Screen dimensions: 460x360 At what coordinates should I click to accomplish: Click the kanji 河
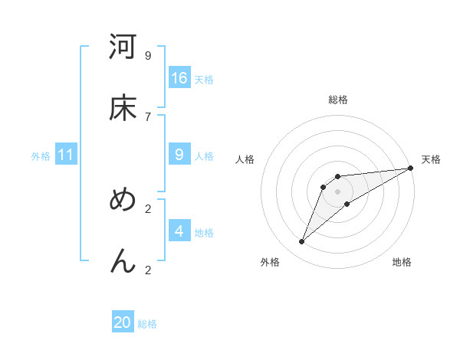123,48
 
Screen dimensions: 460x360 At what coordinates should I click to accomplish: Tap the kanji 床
123,109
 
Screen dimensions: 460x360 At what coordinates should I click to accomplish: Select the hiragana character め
123,201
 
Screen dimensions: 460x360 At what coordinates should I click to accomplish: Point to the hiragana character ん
123,261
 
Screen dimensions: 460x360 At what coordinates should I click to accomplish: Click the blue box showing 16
179,78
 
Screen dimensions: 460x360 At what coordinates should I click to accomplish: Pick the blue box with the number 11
65,155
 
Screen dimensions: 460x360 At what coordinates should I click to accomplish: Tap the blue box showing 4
179,231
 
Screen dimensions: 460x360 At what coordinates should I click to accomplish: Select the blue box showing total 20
123,322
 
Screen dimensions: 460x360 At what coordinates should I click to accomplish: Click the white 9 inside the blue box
179,155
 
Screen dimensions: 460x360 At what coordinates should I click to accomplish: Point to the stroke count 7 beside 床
148,116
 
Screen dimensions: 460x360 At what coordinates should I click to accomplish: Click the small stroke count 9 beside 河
148,56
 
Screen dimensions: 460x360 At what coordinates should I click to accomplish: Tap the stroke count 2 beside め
148,208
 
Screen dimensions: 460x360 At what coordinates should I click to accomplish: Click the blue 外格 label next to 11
41,156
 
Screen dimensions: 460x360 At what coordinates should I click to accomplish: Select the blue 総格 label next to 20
147,324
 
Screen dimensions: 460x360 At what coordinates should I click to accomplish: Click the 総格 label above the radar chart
338,100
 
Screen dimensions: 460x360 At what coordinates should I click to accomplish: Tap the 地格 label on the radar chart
402,263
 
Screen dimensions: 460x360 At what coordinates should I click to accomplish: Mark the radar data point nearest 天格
410,169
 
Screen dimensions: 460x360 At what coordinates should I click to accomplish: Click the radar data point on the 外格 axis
302,242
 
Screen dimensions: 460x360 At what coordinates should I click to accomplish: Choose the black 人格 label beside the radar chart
245,159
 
